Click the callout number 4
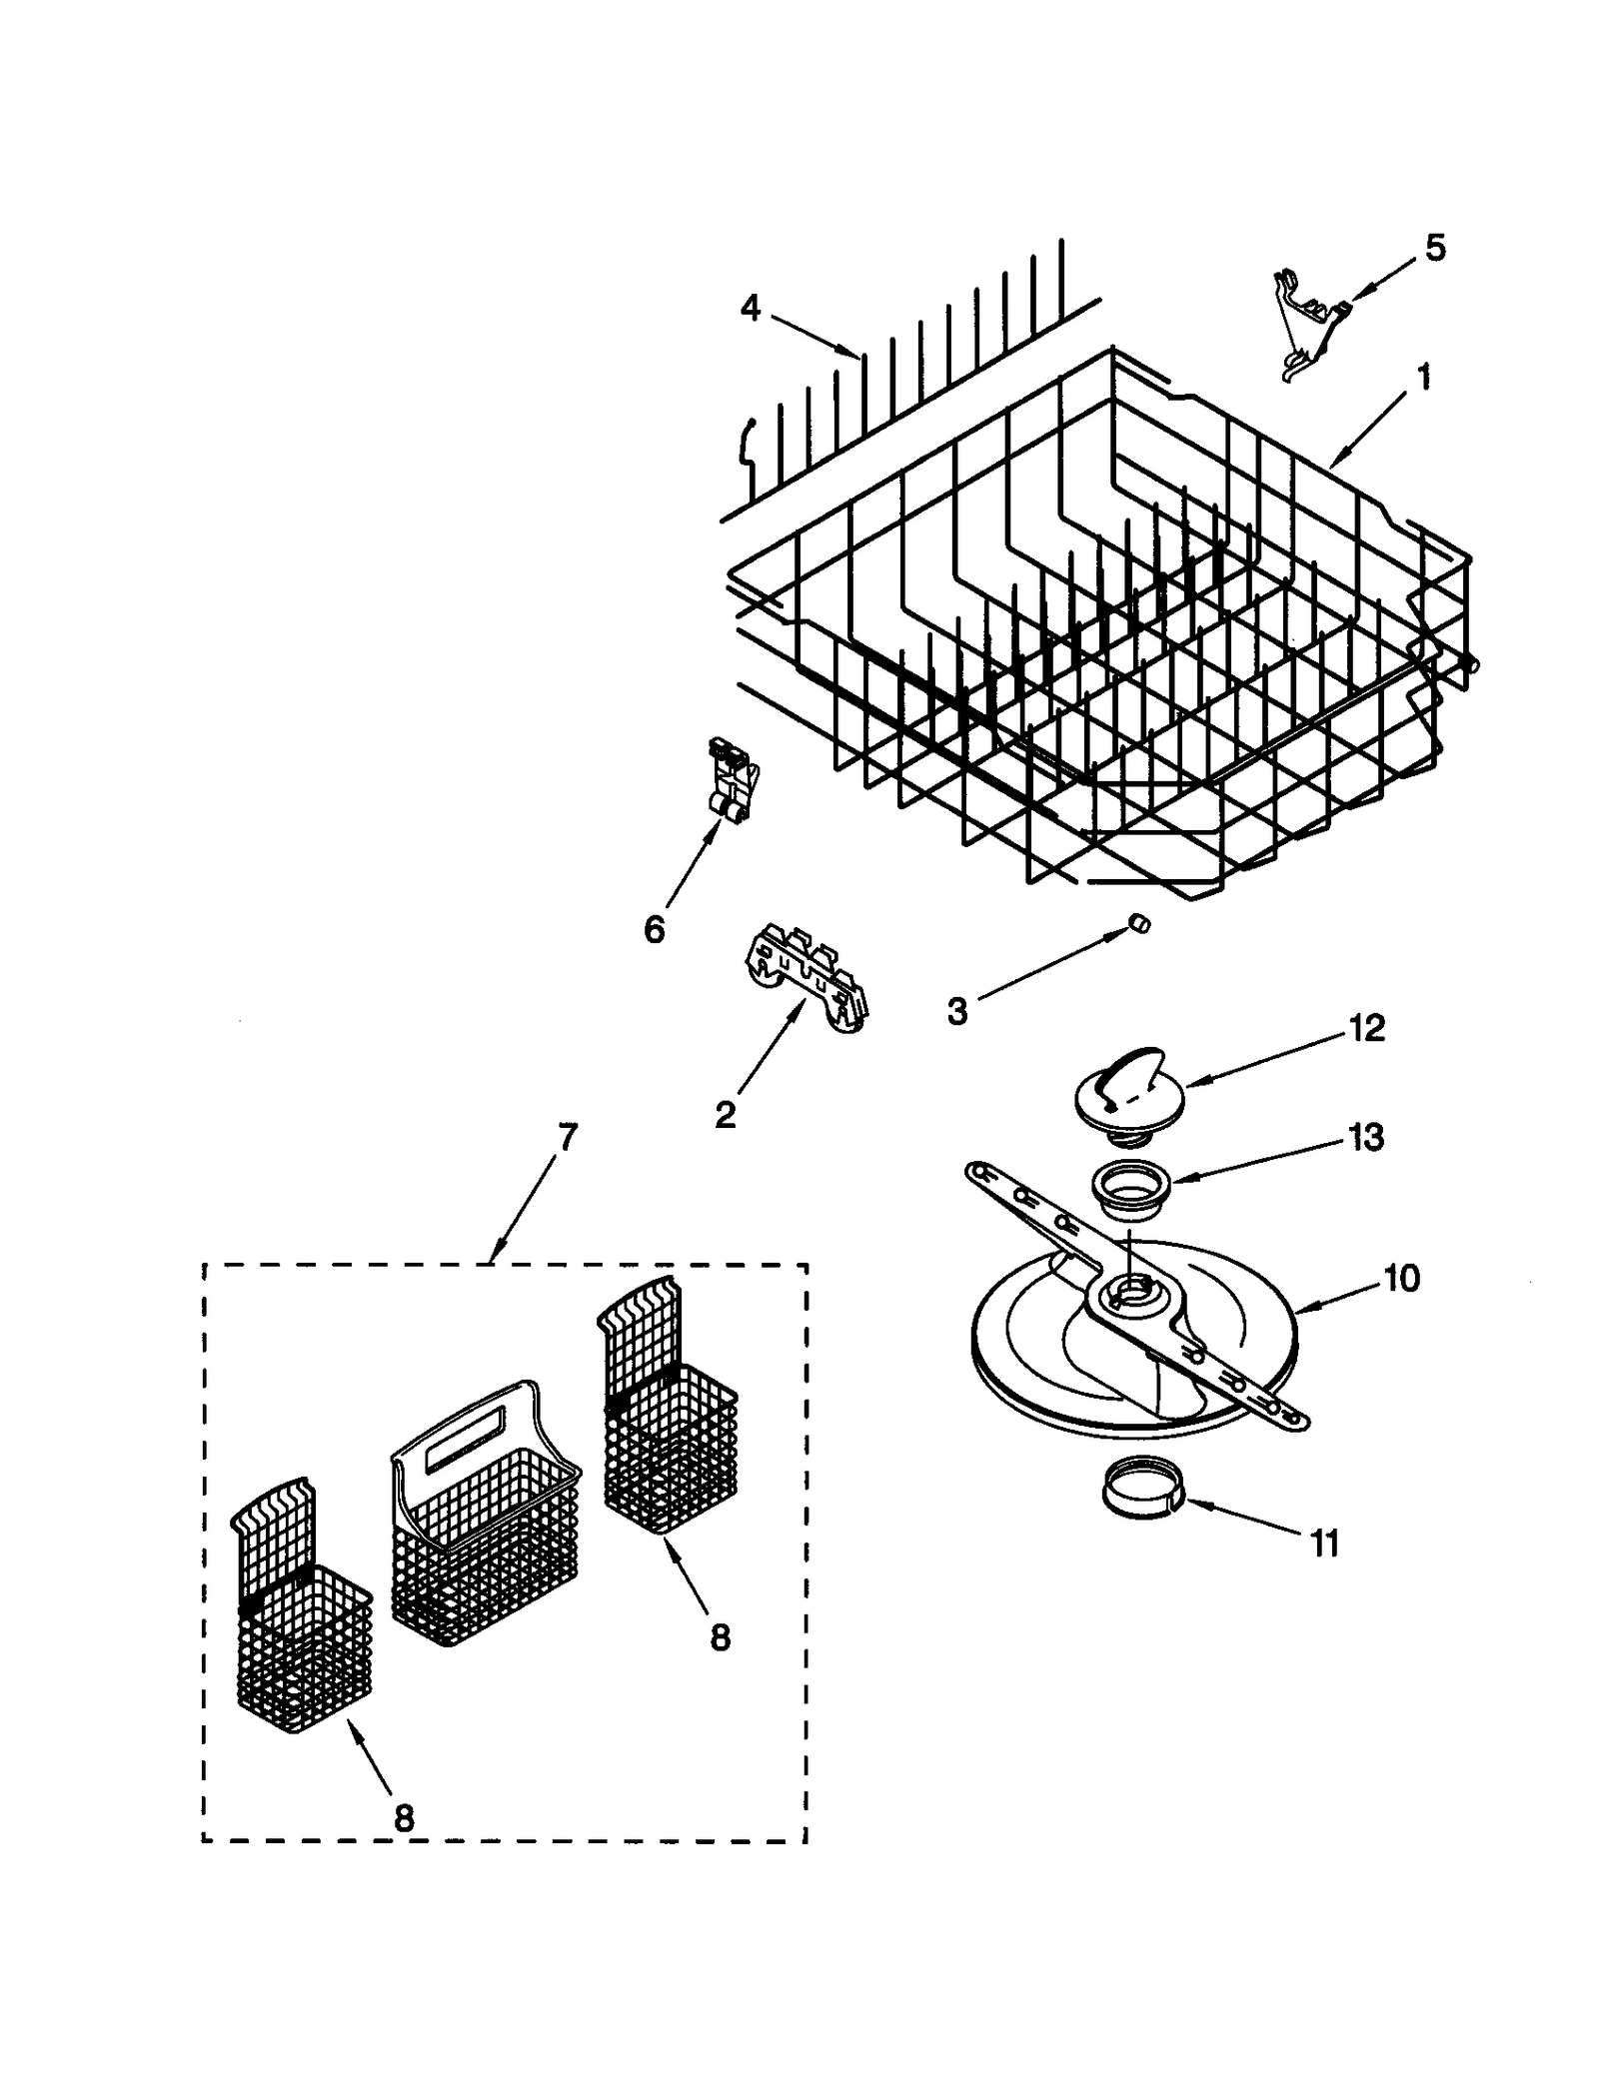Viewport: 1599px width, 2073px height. pos(751,309)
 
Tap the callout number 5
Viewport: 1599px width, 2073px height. pos(1434,248)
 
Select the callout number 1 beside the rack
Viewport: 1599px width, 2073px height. pos(1424,378)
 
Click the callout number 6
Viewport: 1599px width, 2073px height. pos(654,930)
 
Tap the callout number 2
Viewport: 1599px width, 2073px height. pos(726,1113)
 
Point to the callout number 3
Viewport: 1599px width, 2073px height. pos(956,1011)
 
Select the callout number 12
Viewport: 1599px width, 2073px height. pos(1366,1028)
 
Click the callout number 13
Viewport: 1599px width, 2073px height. pos(1366,1137)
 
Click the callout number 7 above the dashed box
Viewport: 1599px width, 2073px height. pos(567,1138)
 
